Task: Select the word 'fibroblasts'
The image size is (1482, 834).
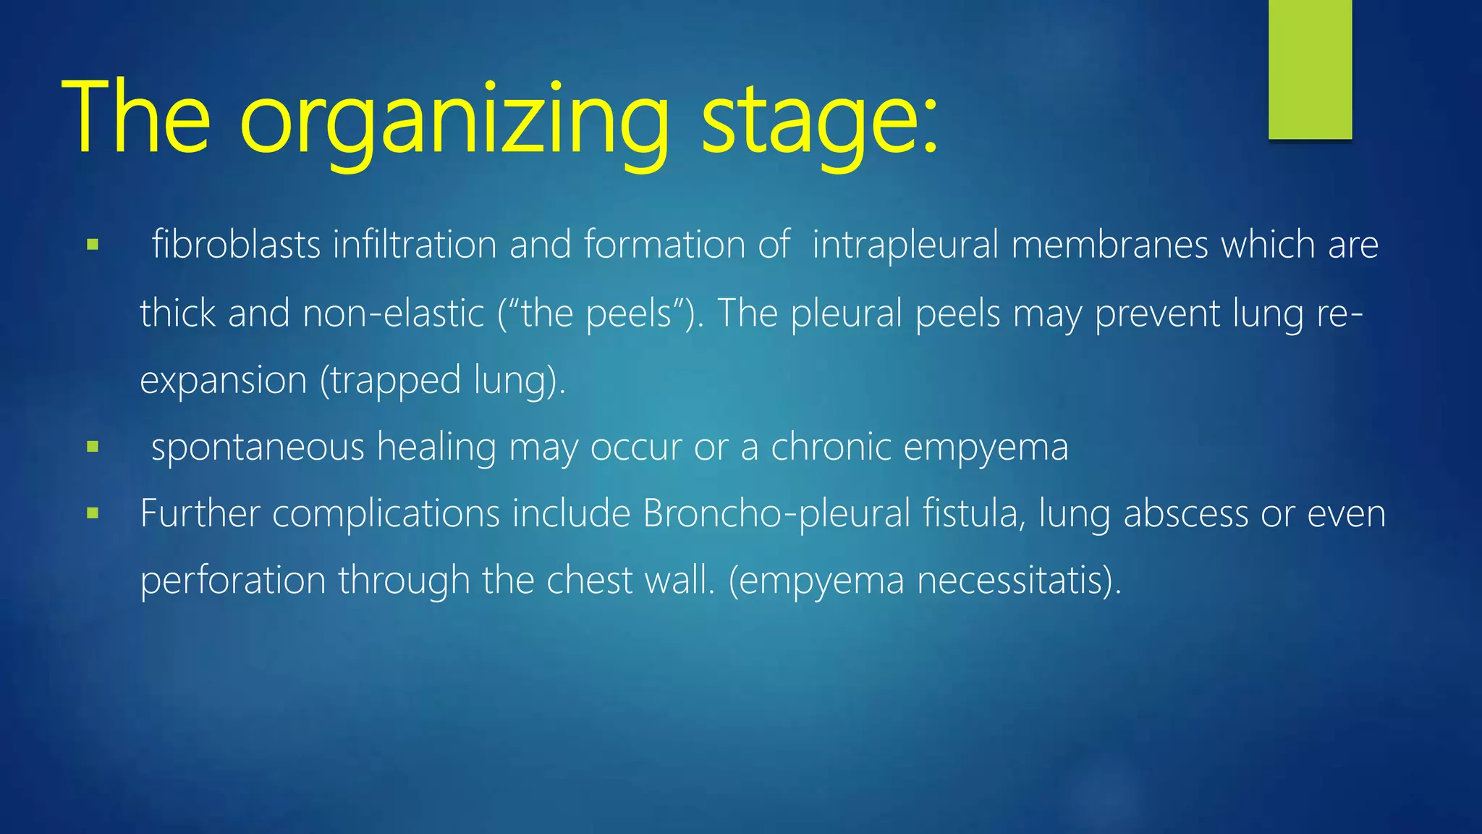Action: [236, 245]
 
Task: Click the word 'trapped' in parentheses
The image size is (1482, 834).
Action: [396, 381]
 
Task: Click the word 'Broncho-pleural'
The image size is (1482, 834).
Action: [776, 514]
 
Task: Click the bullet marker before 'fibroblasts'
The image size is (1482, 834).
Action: [92, 245]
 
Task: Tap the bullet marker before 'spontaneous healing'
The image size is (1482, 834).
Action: [92, 447]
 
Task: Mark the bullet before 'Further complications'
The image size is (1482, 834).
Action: [92, 514]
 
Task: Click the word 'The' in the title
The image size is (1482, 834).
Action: [137, 119]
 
